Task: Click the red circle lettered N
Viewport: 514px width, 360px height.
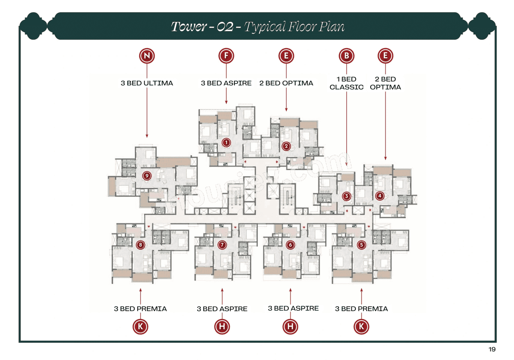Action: click(x=147, y=56)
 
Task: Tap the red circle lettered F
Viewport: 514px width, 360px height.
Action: click(x=226, y=56)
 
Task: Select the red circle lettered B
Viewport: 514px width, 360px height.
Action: click(x=346, y=56)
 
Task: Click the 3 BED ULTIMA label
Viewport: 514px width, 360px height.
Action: click(x=147, y=83)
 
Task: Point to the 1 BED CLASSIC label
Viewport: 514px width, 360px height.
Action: click(x=346, y=83)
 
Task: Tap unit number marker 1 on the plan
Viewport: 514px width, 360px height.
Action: click(x=226, y=142)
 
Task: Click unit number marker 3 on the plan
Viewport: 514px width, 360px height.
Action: click(x=347, y=196)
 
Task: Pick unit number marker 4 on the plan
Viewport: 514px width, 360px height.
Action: click(x=379, y=196)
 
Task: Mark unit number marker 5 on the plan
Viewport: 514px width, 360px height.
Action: click(x=361, y=244)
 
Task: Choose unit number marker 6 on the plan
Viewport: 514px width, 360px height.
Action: click(x=290, y=244)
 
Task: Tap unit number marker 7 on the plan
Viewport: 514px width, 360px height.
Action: click(x=222, y=244)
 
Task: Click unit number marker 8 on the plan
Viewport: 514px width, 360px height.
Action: click(x=140, y=244)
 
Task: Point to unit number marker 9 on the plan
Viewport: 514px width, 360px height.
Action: click(x=147, y=175)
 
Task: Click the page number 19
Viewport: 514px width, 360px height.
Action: click(x=492, y=350)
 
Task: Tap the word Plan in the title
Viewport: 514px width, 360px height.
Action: click(x=332, y=27)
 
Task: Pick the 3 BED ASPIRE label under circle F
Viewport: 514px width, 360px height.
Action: click(x=226, y=83)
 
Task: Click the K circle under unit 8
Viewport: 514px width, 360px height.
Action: click(x=140, y=327)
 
